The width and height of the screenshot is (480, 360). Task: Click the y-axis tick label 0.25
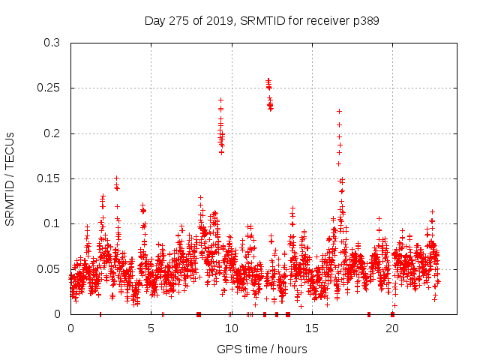coord(50,88)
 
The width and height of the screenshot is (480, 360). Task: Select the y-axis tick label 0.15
coord(50,178)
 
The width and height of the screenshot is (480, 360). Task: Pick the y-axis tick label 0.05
coord(50,268)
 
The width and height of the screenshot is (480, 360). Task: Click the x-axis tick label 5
coord(151,329)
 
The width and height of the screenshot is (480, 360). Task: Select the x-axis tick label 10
coord(231,329)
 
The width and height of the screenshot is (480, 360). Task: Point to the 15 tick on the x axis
coord(311,329)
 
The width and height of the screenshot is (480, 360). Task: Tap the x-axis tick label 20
coord(392,329)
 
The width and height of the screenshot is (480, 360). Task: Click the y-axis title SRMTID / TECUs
coord(10,178)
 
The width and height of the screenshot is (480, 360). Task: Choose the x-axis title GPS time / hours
coord(262,349)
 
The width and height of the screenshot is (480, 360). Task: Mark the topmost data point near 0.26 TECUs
coord(268,79)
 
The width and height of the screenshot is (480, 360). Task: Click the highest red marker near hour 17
coord(339,111)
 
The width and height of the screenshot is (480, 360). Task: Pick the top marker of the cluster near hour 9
coord(220,100)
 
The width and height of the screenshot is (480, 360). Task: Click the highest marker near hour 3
coord(116,178)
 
